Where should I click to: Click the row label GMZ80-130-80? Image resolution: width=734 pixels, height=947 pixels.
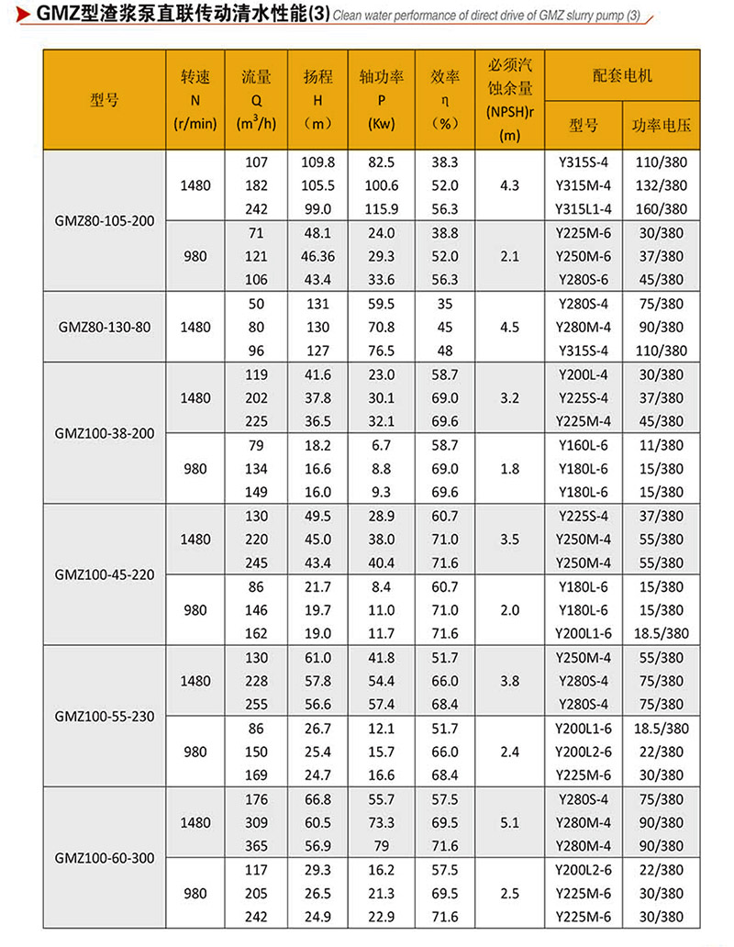pos(104,327)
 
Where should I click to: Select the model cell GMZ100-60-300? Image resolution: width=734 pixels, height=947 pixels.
pos(104,858)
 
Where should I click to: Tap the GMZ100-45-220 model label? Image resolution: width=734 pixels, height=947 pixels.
pos(104,575)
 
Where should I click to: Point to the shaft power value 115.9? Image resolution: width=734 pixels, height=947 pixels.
pos(380,208)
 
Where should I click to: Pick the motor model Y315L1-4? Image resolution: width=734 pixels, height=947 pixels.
pos(583,208)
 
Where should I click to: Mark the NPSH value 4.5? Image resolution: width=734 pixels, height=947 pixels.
pos(510,327)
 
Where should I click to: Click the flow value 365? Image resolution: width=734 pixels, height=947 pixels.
pos(256,845)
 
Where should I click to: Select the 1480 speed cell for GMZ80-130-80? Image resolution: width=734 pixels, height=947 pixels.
pos(195,327)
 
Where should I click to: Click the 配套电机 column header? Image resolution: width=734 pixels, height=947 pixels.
pos(622,75)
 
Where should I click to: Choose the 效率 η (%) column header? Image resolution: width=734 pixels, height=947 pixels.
pos(444,100)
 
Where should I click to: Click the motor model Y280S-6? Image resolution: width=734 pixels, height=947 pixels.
pos(583,279)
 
